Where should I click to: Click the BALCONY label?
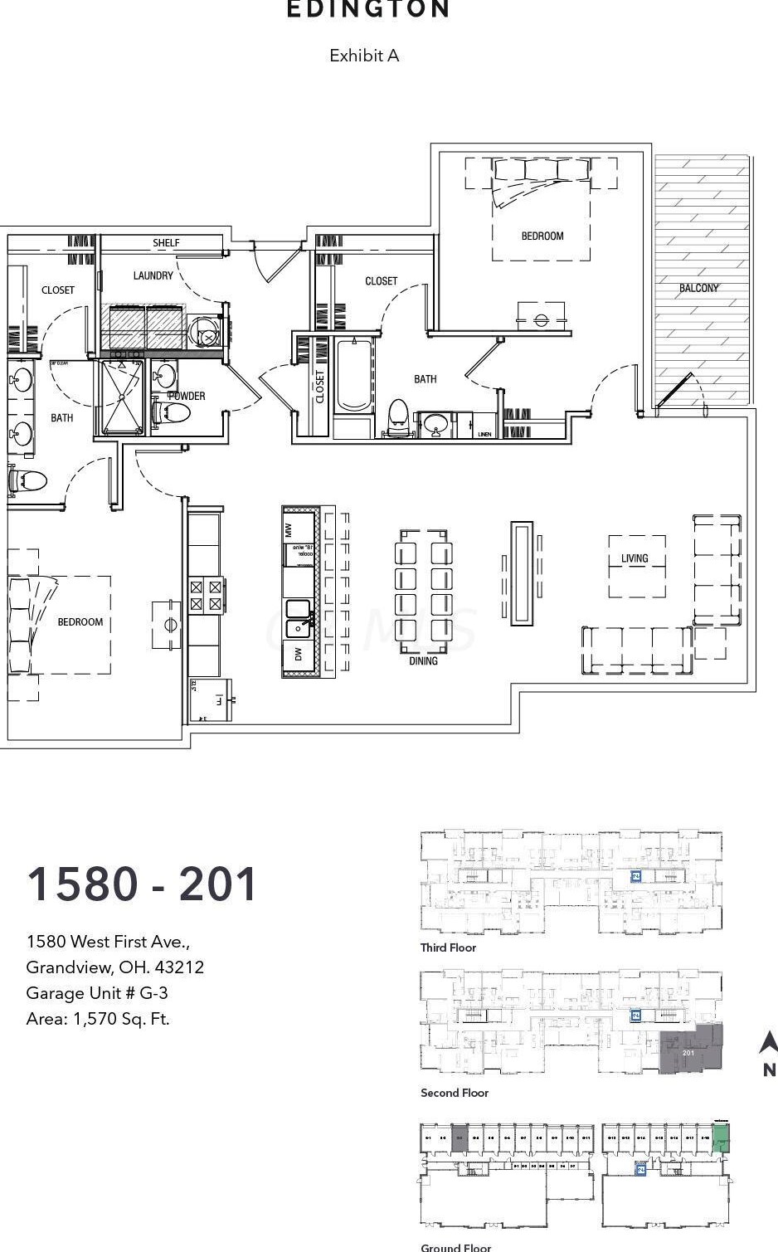pos(698,288)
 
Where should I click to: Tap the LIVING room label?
pos(635,558)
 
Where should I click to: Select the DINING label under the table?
pos(423,661)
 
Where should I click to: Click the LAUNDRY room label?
pos(153,275)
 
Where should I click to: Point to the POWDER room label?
pos(187,396)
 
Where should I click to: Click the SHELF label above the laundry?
pos(166,243)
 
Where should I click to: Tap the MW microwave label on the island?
pos(289,529)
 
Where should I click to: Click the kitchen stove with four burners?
pos(206,596)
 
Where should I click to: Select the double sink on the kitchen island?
pos(299,619)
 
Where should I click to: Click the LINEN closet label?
pos(485,434)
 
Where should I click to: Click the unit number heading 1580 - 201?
pos(142,884)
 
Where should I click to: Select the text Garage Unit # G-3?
pos(97,993)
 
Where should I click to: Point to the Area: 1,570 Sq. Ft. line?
pos(98,1019)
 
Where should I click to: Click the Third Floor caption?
pos(448,948)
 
